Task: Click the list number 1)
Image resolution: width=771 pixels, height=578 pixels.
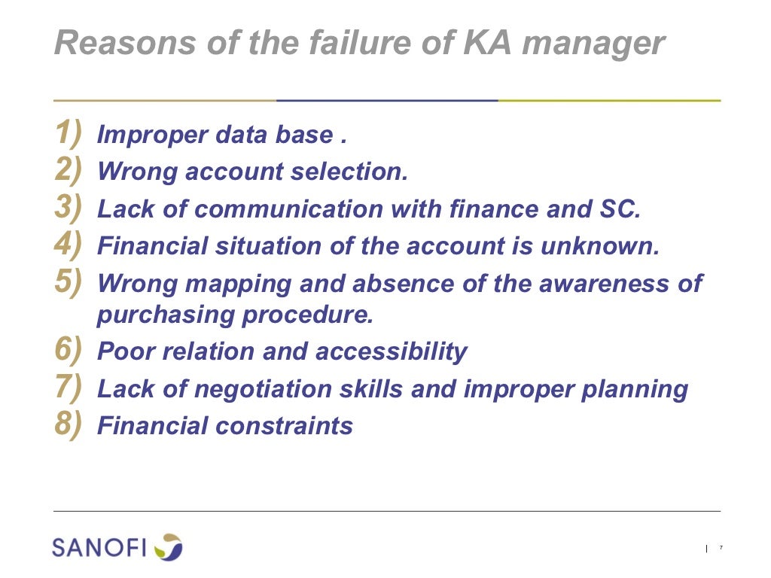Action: [x=69, y=133]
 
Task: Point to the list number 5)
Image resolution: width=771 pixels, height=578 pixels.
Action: [x=69, y=281]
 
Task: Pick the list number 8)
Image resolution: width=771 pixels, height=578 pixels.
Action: [x=69, y=424]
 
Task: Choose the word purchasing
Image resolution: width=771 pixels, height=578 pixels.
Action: [x=166, y=315]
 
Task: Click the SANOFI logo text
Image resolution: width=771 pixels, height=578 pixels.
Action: [x=99, y=547]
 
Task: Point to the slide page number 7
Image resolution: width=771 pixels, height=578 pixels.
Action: [x=721, y=548]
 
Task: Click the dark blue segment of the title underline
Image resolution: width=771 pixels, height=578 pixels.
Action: [x=387, y=100]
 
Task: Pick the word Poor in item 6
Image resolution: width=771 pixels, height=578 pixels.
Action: [x=125, y=351]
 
